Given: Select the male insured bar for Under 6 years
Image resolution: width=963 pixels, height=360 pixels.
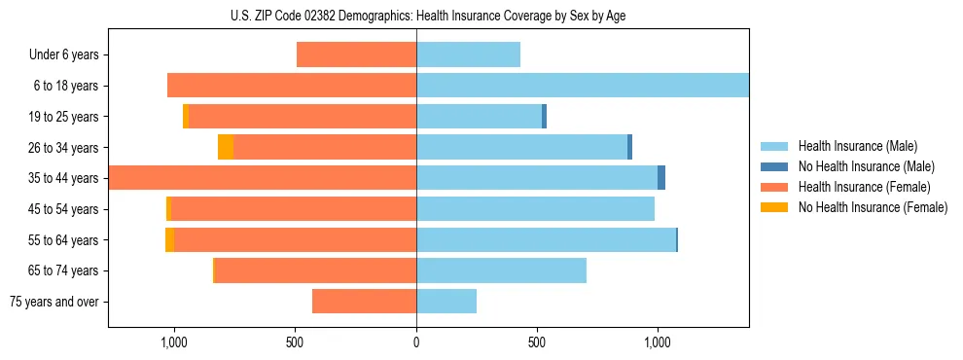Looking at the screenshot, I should pos(468,54).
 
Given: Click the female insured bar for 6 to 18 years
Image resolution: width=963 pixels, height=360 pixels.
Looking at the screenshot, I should pos(292,86).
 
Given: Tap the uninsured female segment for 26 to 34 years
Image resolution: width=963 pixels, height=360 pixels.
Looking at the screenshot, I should pos(226,147).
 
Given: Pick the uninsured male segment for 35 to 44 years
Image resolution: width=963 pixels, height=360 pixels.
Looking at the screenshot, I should pos(661,178).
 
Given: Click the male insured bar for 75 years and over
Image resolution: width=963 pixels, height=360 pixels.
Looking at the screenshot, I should pos(446,302).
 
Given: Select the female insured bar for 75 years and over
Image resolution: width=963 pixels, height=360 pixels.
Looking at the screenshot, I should pos(364,302).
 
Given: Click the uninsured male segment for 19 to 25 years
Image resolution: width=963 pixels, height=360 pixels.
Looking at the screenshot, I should pos(544,117).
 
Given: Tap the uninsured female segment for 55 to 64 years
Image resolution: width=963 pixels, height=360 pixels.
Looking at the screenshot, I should pos(170,239).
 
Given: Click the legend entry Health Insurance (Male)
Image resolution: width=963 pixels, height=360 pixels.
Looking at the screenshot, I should pos(857,146).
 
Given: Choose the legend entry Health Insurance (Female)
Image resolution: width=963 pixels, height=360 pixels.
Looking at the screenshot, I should pos(864,187).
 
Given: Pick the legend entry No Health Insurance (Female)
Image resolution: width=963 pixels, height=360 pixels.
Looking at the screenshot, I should pos(873,207).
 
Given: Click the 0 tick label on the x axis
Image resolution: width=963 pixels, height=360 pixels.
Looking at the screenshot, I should pos(416,342).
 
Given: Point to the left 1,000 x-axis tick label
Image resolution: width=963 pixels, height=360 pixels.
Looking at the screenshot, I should pos(174,342).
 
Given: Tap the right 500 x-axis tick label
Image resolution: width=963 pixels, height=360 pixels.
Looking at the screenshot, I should pos(537,342).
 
